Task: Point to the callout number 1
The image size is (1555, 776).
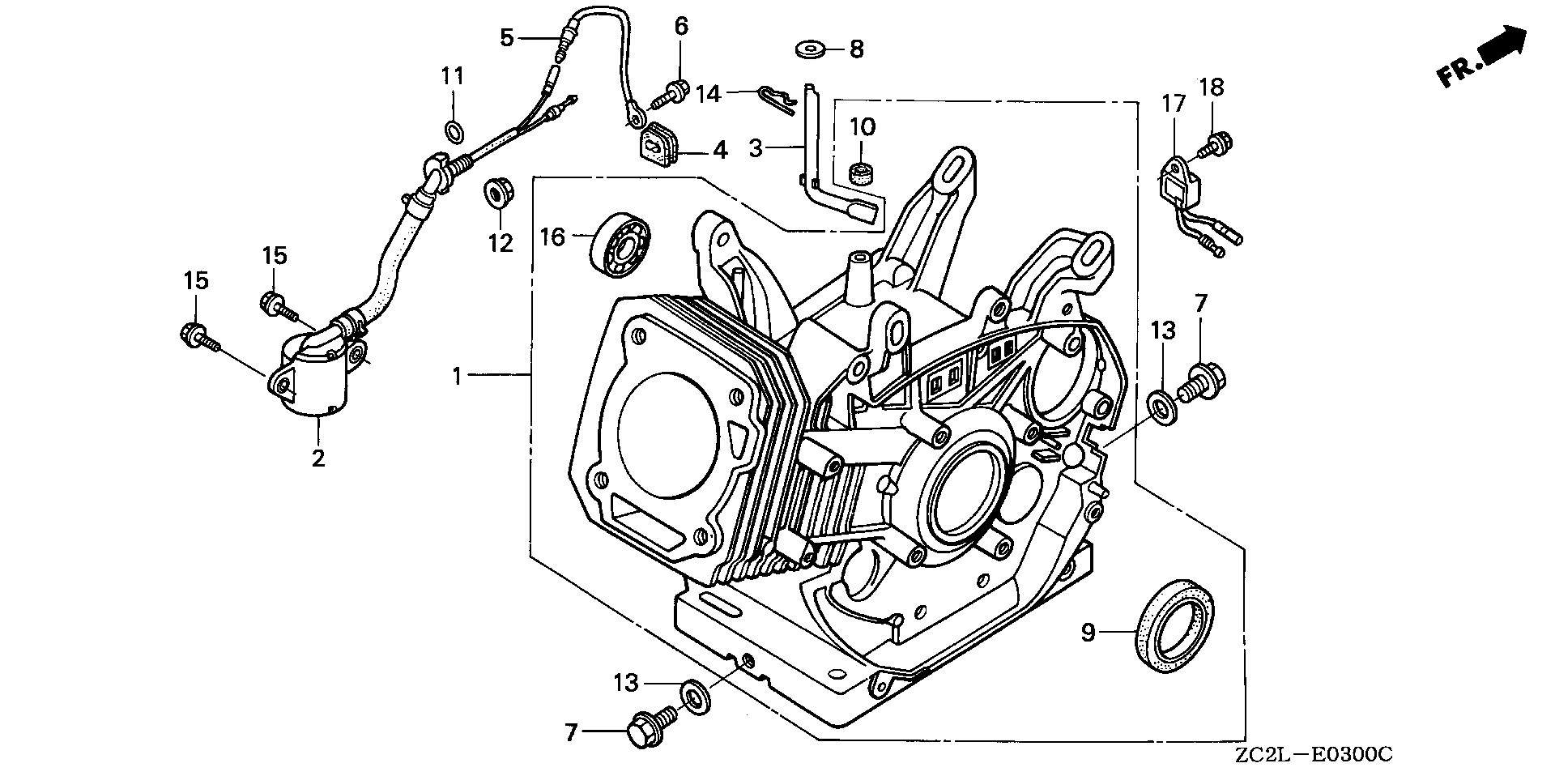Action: pos(458,376)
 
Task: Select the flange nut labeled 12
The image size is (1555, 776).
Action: pos(496,194)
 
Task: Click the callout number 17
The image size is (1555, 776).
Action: pos(1174,104)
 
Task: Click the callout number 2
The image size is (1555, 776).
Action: pos(318,458)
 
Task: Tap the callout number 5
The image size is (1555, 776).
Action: pos(506,37)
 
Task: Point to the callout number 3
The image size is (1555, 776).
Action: pos(755,148)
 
